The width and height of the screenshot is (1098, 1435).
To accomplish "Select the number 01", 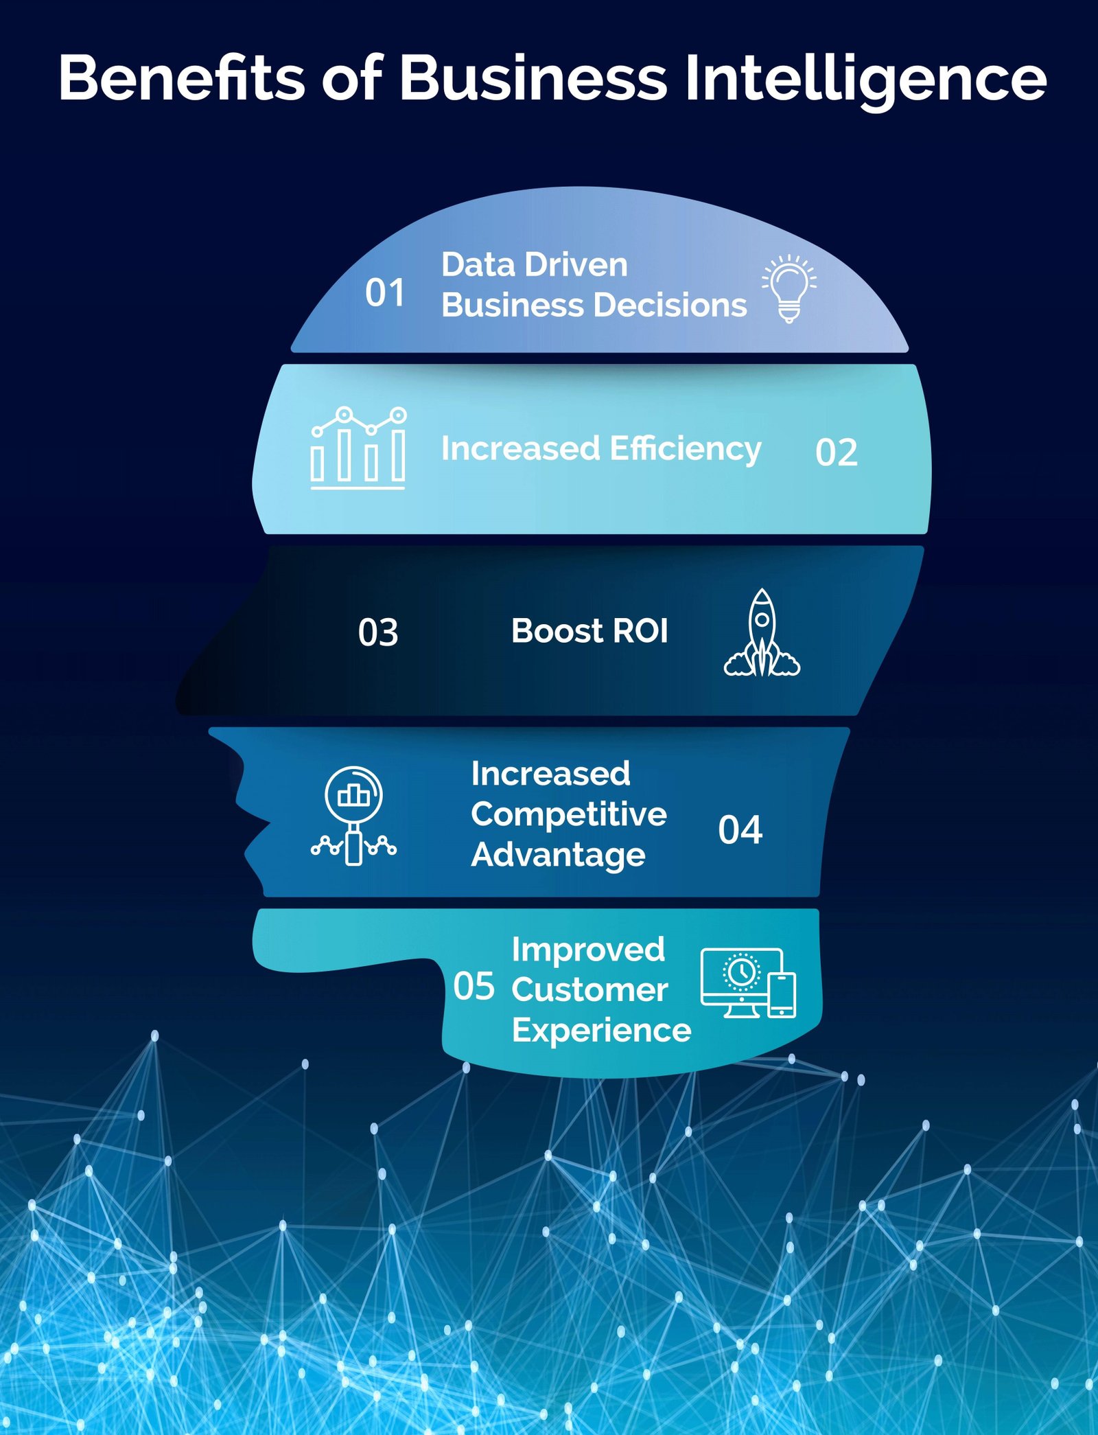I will tap(384, 293).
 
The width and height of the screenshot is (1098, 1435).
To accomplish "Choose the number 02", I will tap(836, 453).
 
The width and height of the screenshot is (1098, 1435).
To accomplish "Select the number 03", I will tap(377, 632).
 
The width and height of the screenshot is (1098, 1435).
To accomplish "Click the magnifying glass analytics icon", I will tap(353, 815).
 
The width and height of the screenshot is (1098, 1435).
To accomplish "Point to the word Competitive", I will tap(568, 815).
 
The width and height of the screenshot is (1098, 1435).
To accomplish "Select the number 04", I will tap(740, 830).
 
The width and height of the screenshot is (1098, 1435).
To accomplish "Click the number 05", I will tap(474, 987).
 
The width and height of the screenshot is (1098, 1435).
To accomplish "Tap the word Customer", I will tap(589, 990).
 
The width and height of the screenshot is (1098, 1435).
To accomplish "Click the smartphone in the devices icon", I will tap(782, 994).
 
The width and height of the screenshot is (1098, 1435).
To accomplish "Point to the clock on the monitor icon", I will tap(741, 972).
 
